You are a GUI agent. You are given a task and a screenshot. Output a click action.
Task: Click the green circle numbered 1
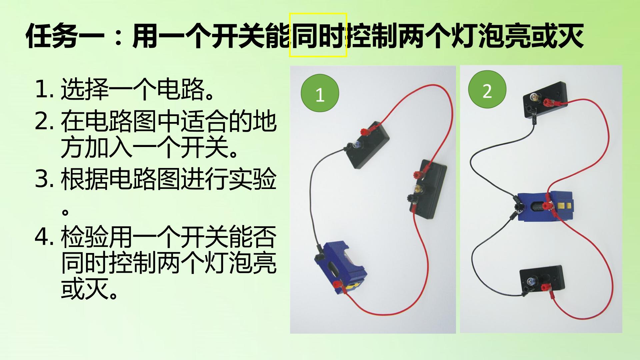tap(320, 93)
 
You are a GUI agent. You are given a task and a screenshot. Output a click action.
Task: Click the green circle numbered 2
tap(487, 90)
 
